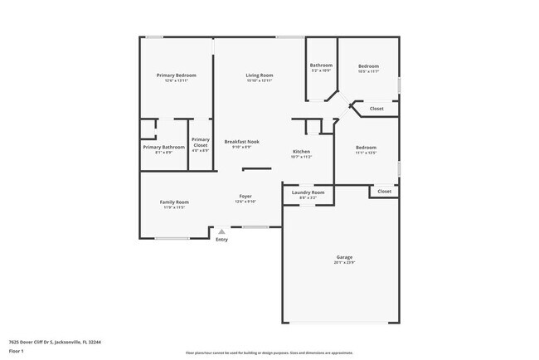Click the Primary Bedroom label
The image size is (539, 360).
pos(177,75)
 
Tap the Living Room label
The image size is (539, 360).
pos(259,75)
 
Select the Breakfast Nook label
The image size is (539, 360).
pos(242,142)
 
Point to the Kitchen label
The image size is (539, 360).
pos(301,152)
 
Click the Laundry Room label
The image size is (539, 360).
pos(308,192)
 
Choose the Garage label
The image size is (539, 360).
pos(344,257)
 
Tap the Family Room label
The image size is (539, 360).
pos(174,202)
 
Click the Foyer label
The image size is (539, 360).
pos(245,197)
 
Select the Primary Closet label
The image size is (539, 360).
pos(201,143)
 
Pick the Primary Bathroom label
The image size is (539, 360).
pos(163,148)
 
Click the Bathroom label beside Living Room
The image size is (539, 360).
pos(321,66)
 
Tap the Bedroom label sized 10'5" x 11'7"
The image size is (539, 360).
pos(368,66)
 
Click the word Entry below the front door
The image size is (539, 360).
pos(221,240)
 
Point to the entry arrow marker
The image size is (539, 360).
pos(221,231)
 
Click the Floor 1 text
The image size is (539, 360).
pos(17,351)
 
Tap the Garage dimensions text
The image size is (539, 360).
pos(344,263)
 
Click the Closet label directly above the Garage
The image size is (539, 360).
pos(384,192)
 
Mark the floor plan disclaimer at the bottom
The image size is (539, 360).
pos(269,353)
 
